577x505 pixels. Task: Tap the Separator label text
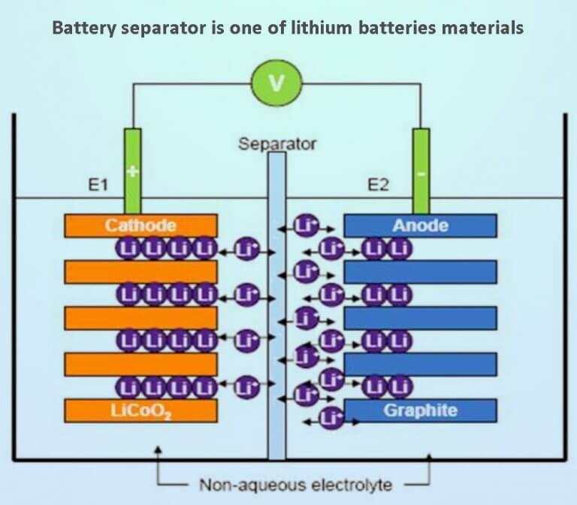point(277,143)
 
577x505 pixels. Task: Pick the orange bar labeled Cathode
point(140,225)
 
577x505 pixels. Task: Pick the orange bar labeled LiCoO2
point(140,410)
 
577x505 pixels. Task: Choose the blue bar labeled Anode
point(420,225)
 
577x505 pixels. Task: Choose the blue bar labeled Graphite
point(420,410)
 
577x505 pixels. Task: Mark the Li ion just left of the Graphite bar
point(330,418)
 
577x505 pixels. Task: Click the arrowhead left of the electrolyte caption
point(158,452)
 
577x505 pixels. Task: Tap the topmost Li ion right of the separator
point(305,223)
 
